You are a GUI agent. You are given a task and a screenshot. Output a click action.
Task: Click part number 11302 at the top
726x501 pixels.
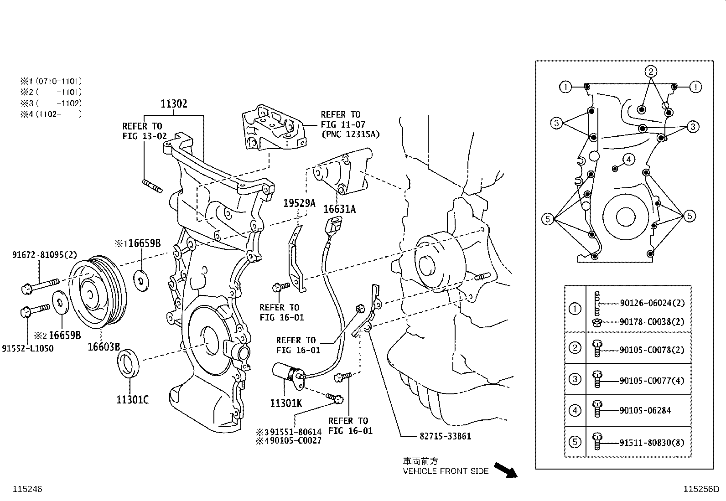[x=174, y=104]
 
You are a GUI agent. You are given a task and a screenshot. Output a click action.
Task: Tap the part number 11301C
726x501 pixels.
[x=132, y=400]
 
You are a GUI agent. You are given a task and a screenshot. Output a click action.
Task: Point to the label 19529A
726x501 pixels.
[x=299, y=203]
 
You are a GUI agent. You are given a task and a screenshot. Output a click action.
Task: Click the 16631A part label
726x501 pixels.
[x=339, y=209]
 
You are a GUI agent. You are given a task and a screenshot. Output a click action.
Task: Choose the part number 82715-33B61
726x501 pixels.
[x=445, y=436]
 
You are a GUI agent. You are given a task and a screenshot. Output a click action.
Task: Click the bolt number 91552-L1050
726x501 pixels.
[x=27, y=349]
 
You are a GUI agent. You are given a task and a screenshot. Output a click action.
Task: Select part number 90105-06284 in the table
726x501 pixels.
[x=645, y=411]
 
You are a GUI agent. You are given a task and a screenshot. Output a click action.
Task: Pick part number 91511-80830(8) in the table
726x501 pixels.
[x=652, y=442]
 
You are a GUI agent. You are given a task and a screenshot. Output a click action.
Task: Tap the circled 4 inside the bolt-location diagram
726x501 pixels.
[x=628, y=160]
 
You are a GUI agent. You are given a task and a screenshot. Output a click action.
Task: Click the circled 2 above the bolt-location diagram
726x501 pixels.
[x=651, y=71]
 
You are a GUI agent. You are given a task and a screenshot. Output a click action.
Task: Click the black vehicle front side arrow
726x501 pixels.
[x=506, y=470]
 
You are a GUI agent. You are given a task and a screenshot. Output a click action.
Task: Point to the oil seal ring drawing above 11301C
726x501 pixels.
[x=130, y=363]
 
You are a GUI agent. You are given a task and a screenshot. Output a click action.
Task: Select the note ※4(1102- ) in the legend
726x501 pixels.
[x=50, y=114]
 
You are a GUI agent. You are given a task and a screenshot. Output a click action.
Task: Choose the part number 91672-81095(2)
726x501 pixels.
[x=44, y=255]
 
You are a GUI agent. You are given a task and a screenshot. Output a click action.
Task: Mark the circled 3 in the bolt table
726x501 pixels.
[x=575, y=379]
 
